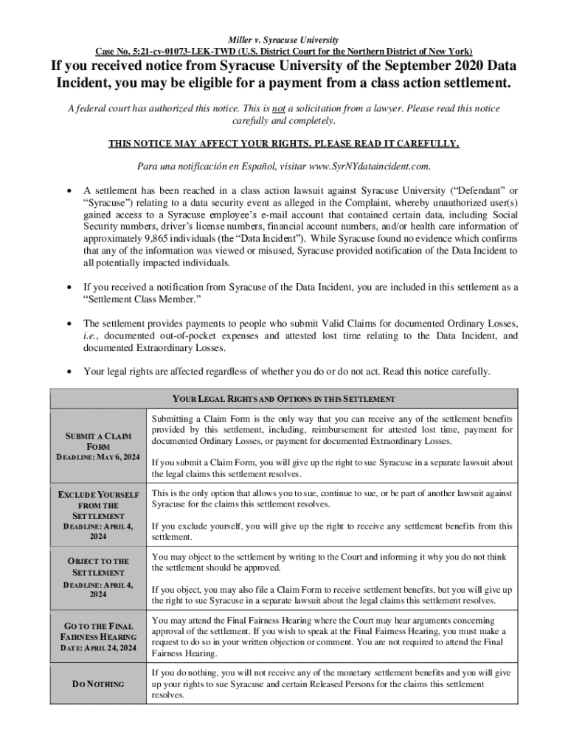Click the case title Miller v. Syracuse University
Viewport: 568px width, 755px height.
(284, 39)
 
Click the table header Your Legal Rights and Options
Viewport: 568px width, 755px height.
(284, 399)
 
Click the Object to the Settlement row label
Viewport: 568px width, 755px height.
(98, 566)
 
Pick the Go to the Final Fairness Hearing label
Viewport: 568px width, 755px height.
(98, 631)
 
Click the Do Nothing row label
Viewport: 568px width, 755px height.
(98, 684)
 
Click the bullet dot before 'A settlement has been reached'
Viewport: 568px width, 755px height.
(69, 190)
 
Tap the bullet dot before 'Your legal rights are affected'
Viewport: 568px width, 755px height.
(69, 371)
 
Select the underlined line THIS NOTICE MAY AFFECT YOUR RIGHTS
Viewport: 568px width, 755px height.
(284, 144)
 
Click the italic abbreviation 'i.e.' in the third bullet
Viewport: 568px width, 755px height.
(91, 335)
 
